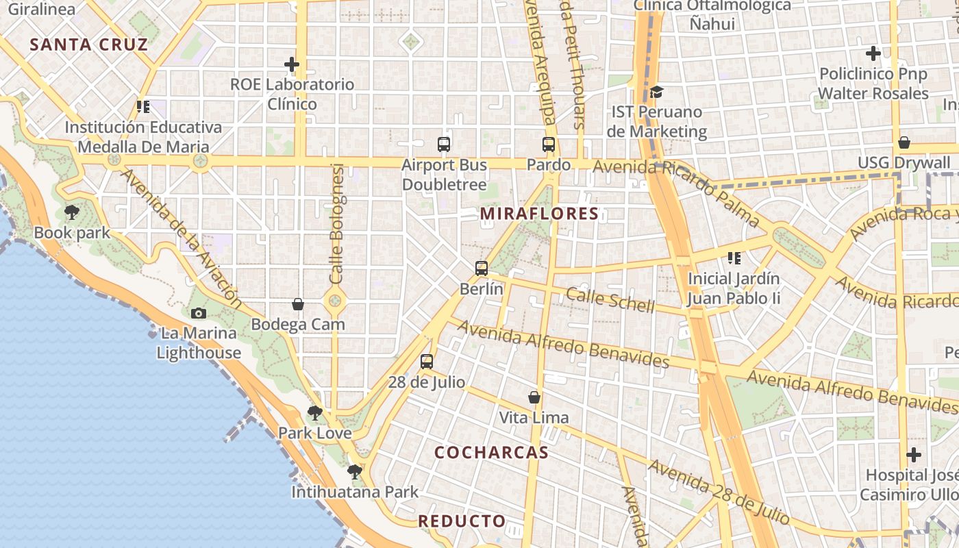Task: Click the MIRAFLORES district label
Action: pyautogui.click(x=539, y=214)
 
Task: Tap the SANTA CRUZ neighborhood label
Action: pyautogui.click(x=88, y=45)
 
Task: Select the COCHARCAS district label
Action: pyautogui.click(x=492, y=453)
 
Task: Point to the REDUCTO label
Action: pyautogui.click(x=462, y=521)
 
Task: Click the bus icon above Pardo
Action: pyautogui.click(x=549, y=145)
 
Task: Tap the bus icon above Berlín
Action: pyautogui.click(x=482, y=269)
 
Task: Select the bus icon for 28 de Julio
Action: pyautogui.click(x=427, y=362)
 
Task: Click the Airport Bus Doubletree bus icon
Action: pyautogui.click(x=444, y=145)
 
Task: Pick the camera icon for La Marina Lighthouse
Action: pyautogui.click(x=199, y=313)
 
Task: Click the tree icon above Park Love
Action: pyautogui.click(x=315, y=412)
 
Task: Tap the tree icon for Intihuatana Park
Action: pyautogui.click(x=354, y=471)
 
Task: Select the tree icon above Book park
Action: pyautogui.click(x=72, y=212)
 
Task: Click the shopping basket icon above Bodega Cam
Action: pyautogui.click(x=298, y=304)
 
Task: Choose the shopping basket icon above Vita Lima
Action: pyautogui.click(x=534, y=397)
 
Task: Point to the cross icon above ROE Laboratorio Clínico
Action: pyautogui.click(x=292, y=64)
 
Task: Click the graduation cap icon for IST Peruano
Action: pyautogui.click(x=656, y=92)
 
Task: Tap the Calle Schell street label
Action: pyautogui.click(x=610, y=300)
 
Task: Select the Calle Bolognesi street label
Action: pyautogui.click(x=336, y=223)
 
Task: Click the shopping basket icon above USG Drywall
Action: pyautogui.click(x=904, y=142)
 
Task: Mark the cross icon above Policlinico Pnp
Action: pyautogui.click(x=873, y=53)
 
